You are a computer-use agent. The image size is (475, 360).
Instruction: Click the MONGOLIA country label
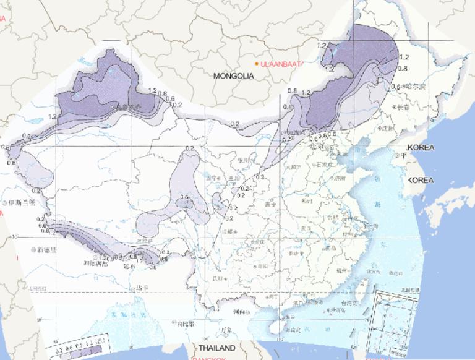click(233, 76)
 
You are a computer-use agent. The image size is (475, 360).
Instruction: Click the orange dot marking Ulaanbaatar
click(257, 64)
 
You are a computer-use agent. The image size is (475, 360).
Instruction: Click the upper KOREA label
click(421, 148)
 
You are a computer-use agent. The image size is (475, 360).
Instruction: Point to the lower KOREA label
click(421, 180)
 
